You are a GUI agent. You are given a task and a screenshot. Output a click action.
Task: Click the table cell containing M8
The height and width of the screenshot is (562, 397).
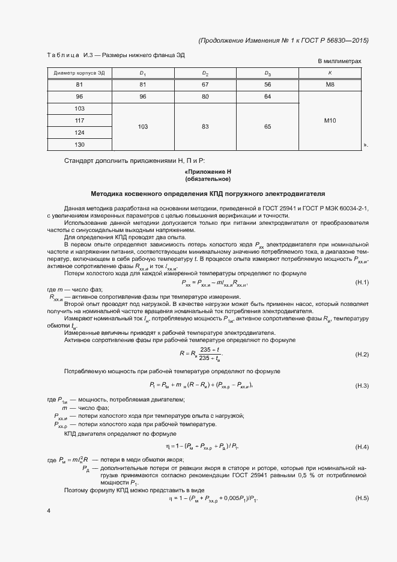click(x=329, y=85)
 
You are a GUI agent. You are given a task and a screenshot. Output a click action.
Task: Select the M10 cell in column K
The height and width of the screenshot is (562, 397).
click(x=329, y=121)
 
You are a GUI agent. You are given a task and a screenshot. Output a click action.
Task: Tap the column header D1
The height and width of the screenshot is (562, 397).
click(x=142, y=73)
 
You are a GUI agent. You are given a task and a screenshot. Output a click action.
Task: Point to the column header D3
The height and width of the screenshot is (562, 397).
click(x=267, y=73)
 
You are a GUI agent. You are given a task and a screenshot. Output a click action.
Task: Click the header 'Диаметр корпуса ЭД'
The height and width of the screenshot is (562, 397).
click(x=79, y=73)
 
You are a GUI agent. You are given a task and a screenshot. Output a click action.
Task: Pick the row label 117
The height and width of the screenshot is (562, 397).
click(x=79, y=120)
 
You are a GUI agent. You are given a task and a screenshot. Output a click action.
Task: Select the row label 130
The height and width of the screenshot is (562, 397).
click(x=79, y=144)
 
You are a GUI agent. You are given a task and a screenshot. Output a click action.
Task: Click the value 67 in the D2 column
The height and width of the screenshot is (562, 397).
click(x=205, y=85)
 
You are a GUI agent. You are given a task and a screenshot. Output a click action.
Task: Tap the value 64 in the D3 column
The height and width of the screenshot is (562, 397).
click(x=267, y=97)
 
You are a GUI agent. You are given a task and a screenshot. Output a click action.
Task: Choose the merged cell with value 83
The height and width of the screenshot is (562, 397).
click(x=205, y=127)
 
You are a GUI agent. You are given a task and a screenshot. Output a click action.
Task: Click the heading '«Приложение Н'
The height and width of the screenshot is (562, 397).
click(x=208, y=172)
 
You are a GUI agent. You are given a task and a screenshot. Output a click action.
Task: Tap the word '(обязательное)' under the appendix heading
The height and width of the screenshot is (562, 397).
click(x=208, y=179)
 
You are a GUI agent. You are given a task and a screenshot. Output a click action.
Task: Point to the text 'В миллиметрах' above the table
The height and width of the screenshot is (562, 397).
click(x=339, y=61)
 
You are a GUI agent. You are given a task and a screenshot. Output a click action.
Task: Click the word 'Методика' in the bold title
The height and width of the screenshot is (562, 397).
click(x=106, y=194)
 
